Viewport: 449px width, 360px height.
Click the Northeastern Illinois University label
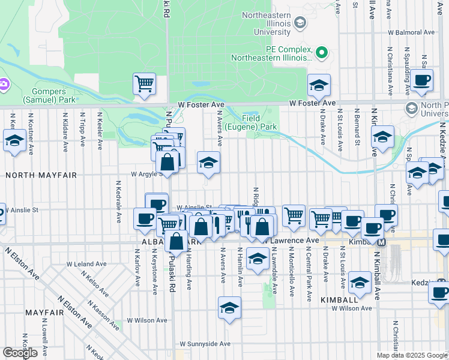(272, 22)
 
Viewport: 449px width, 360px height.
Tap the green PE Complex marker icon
(322, 53)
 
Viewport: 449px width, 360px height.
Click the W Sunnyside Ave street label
(205, 344)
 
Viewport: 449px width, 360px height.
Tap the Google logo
(20, 353)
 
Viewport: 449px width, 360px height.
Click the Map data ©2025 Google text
(412, 355)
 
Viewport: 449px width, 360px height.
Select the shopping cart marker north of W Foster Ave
(144, 84)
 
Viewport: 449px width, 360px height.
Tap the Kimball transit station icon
(381, 242)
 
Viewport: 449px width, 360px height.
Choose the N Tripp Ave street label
(81, 131)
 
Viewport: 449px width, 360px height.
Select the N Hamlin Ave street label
(240, 266)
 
